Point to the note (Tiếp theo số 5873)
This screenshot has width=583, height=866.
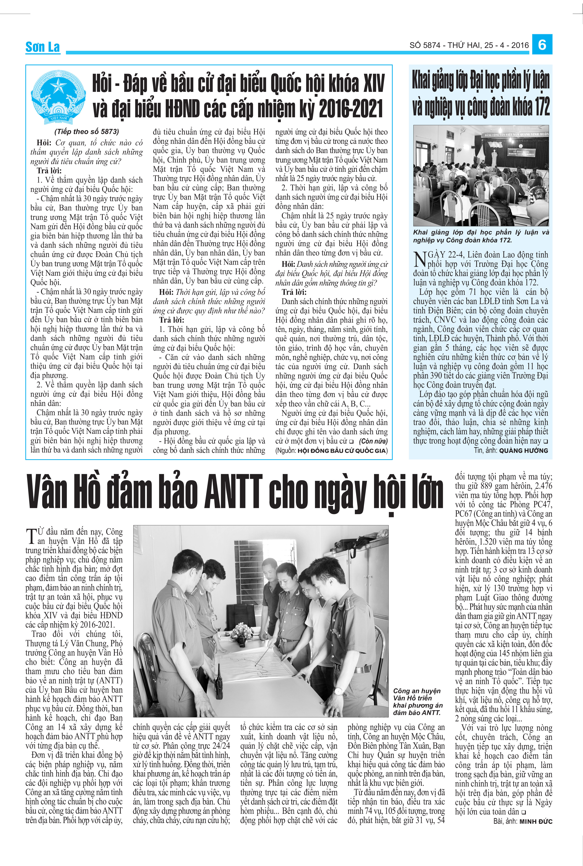pos(87,131)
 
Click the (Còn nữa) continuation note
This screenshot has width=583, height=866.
pos(373,441)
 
